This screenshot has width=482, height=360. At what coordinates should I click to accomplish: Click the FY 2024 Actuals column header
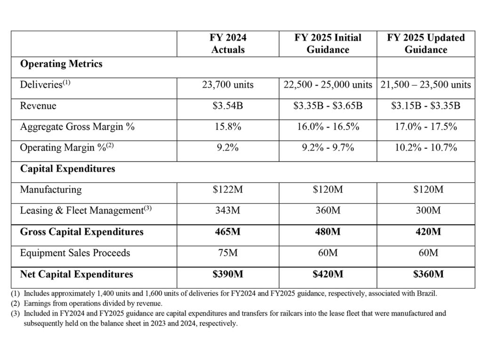(228, 43)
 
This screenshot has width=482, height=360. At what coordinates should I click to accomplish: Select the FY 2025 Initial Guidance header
(328, 43)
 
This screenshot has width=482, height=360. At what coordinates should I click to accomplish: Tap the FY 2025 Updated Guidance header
(426, 43)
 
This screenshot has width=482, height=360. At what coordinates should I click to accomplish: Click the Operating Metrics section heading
(61, 64)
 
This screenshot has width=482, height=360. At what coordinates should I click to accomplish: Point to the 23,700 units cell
(228, 85)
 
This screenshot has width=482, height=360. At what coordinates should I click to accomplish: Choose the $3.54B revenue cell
(228, 106)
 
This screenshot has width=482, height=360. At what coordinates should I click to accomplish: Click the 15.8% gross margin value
(228, 127)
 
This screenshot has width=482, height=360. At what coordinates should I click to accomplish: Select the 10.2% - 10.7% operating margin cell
(426, 148)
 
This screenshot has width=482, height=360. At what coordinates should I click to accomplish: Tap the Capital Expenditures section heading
(67, 168)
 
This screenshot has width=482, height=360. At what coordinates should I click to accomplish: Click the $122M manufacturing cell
(228, 190)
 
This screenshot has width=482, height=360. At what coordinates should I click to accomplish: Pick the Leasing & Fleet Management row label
(86, 211)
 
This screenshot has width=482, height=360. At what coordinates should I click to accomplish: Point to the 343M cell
(228, 210)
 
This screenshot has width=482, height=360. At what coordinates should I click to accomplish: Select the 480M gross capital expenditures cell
(328, 232)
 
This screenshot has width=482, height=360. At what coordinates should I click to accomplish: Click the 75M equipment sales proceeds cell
(228, 253)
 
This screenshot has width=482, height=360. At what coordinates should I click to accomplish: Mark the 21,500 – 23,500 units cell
(426, 85)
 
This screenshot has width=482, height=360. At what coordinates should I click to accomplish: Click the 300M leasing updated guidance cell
(426, 210)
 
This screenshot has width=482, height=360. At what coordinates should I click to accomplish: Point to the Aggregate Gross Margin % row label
(77, 127)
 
